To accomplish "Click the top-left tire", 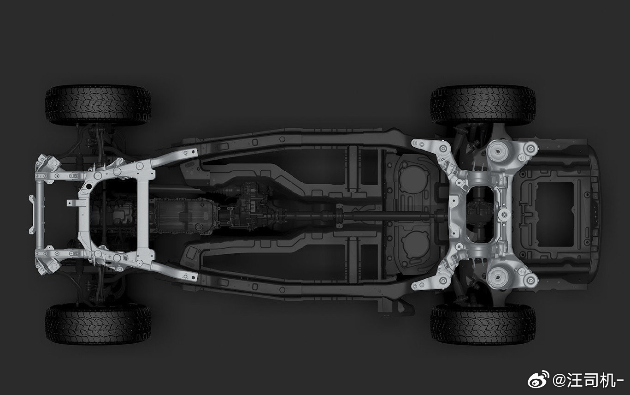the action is [x=98, y=105].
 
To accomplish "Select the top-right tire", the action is [x=483, y=105].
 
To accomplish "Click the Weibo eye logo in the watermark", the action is [x=538, y=379].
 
